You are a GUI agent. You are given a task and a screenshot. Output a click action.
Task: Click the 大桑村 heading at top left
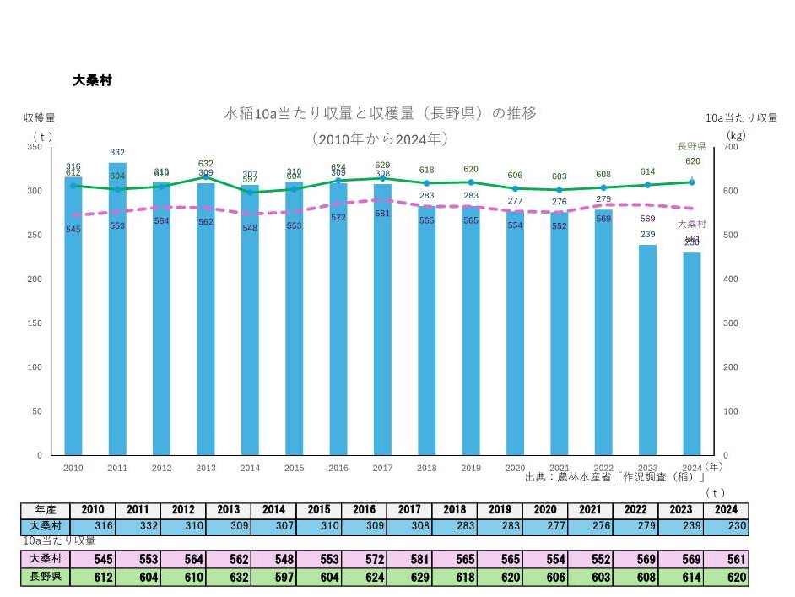pos(92,81)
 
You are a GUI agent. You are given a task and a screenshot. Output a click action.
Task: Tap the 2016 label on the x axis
pos(338,467)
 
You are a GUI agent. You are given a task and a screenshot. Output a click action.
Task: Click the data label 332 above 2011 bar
pos(117,152)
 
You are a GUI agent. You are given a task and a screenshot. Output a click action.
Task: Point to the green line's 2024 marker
pos(692,182)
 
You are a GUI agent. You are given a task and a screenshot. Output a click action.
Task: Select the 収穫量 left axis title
pos(39,117)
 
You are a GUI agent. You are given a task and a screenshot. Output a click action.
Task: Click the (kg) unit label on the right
pos(734,133)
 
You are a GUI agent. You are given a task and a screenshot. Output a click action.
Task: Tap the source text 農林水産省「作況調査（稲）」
pos(614,477)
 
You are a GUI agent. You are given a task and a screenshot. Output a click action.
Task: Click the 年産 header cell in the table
pos(46,510)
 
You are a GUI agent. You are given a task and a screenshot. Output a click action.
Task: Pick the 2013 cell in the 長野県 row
pos(229,578)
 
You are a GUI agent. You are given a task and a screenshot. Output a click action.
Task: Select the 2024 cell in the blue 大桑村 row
pos(725,526)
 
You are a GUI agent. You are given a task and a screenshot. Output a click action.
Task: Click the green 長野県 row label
pos(46,578)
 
